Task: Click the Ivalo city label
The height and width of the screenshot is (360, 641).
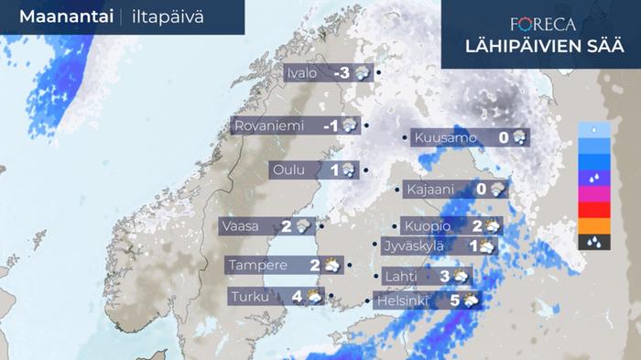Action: coord(302,73)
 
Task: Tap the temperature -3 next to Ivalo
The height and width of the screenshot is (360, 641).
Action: coord(343,73)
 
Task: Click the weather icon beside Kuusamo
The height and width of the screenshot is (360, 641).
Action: coord(519,138)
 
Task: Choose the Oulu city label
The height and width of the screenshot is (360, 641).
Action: coord(292,169)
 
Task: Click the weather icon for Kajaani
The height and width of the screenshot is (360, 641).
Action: coord(497,190)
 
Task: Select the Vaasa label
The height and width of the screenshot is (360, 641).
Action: coord(245,225)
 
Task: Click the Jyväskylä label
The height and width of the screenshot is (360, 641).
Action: coord(413,245)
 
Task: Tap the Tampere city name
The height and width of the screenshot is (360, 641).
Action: coord(259,266)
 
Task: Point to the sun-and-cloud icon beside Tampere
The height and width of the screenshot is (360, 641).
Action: coord(331,266)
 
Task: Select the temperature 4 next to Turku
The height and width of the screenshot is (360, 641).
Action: coord(296,296)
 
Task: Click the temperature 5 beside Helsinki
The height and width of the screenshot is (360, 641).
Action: coord(454,300)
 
